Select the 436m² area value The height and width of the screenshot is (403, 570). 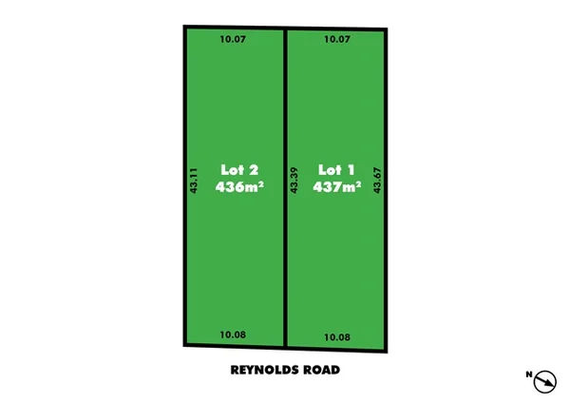pyautogui.click(x=239, y=187)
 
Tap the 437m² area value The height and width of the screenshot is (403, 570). pyautogui.click(x=337, y=187)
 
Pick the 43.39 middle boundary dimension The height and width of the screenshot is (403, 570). pyautogui.click(x=294, y=181)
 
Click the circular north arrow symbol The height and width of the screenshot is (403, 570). pyautogui.click(x=545, y=381)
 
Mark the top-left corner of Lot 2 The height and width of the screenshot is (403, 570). pyautogui.click(x=184, y=28)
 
